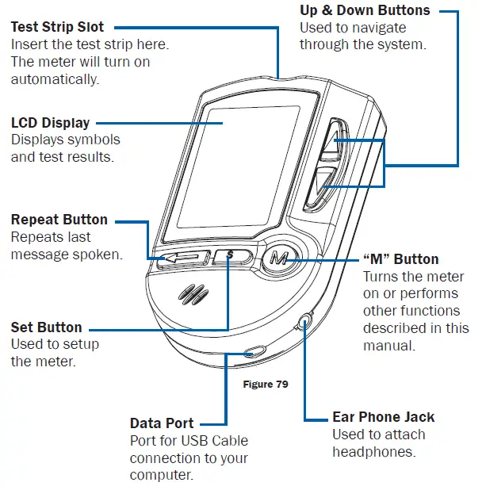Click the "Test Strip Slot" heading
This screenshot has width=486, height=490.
[x=57, y=28]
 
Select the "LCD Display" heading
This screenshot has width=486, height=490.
[x=50, y=123]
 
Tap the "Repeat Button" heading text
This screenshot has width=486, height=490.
[x=59, y=220]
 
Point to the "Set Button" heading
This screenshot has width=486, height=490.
[x=46, y=327]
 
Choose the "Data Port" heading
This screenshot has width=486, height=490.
[x=162, y=423]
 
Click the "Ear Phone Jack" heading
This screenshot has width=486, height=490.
[x=383, y=417]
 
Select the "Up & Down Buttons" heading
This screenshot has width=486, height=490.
[x=365, y=10]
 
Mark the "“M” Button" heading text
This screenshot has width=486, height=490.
[x=400, y=259]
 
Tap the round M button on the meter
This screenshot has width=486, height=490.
[x=277, y=258]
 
